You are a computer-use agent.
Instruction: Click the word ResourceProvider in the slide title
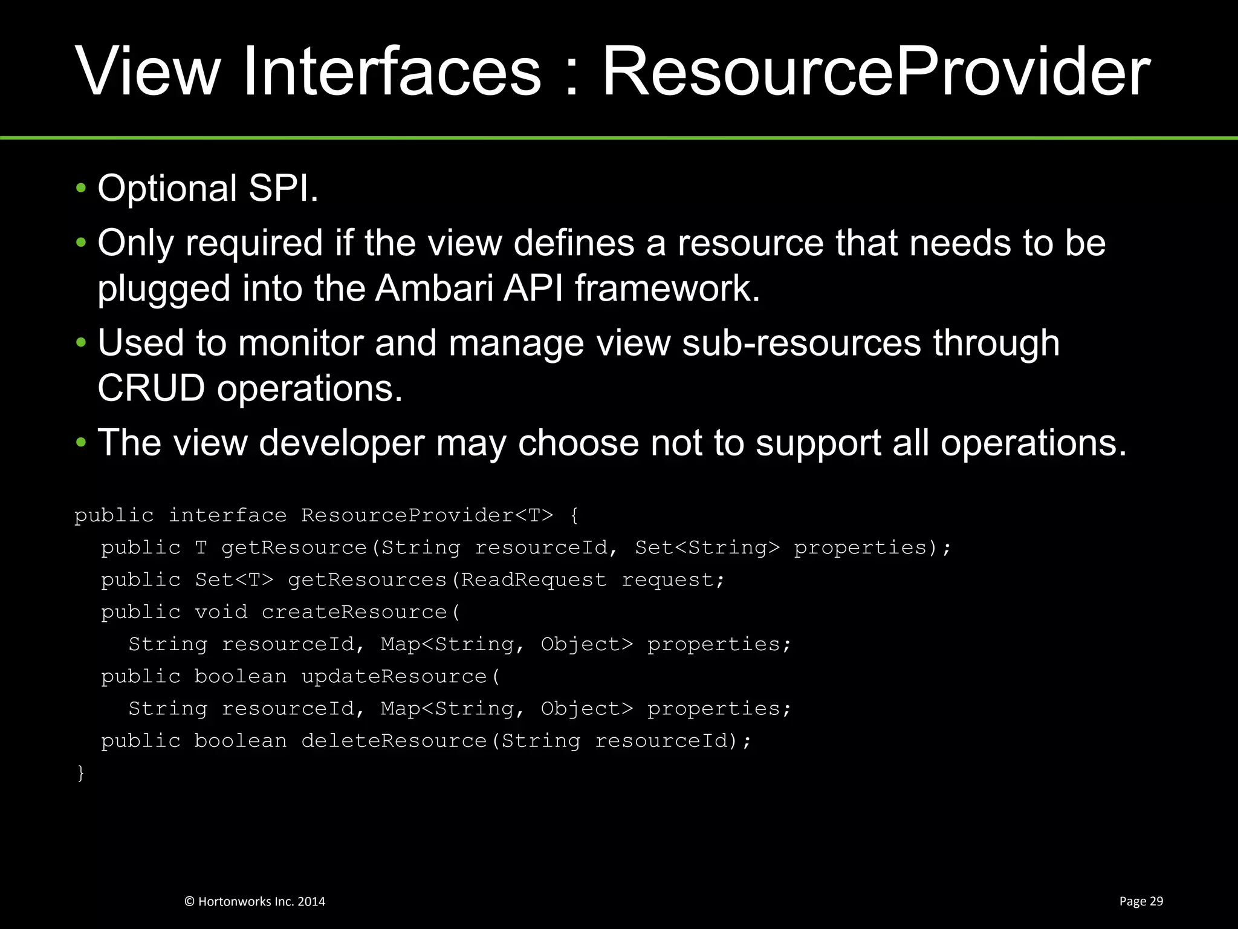click(876, 73)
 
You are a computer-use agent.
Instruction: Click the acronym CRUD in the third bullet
click(151, 388)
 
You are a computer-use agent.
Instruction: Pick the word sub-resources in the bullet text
click(801, 343)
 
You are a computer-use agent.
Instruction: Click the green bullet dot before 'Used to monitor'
click(81, 343)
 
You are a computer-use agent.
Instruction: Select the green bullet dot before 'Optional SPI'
click(81, 188)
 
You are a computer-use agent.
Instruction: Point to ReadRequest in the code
click(533, 580)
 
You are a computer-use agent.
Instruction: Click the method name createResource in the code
click(354, 612)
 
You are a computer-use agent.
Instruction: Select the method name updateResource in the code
click(394, 676)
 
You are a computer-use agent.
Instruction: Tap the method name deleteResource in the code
click(394, 741)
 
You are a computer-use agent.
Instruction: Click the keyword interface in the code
click(227, 515)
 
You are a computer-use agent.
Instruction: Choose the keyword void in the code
click(221, 612)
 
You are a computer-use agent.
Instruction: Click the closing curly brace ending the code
click(80, 773)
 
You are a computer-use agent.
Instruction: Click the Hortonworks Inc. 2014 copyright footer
click(254, 901)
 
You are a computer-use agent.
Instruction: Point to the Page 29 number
click(1141, 901)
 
